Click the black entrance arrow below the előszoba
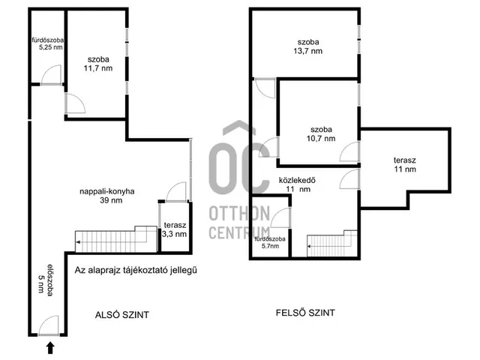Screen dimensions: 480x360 50,348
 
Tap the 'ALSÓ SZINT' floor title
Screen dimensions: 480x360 121,315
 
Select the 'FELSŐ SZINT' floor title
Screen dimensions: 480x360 305,313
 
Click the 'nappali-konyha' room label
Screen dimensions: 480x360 107,192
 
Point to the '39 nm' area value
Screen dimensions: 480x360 111,200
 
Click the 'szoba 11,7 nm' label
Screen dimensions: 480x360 98,64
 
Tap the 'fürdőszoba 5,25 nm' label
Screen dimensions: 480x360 48,43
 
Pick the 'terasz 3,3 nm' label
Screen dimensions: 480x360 175,229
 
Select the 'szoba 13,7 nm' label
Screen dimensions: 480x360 308,46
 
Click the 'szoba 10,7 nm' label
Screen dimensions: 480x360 321,134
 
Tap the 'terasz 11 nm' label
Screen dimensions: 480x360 405,165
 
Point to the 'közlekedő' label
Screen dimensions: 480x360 297,180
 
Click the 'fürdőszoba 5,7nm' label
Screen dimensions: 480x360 270,242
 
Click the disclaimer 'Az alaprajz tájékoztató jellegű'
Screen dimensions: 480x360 136,270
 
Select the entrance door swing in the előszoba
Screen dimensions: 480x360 48,325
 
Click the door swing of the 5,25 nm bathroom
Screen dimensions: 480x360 51,74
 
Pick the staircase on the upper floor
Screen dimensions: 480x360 332,243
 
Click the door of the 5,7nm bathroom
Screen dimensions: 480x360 280,217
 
